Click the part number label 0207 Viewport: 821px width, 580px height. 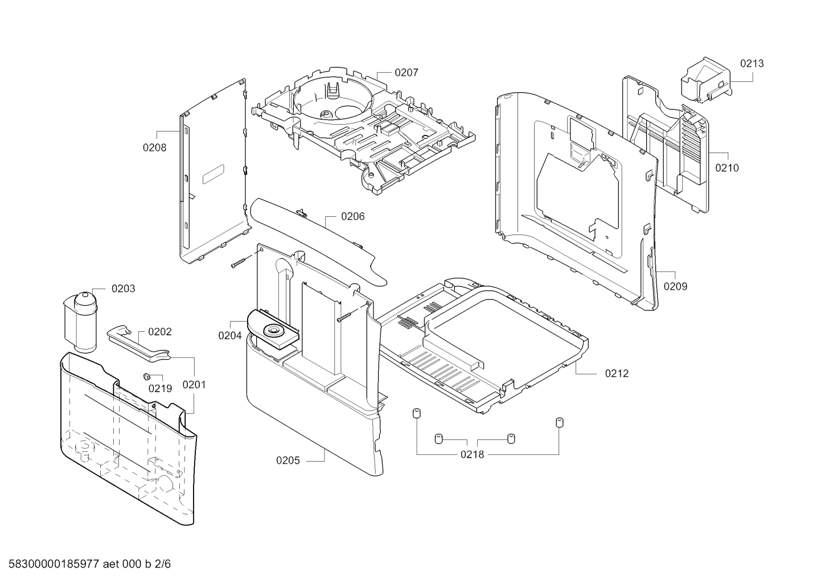tap(406, 73)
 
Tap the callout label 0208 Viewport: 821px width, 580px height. tap(154, 147)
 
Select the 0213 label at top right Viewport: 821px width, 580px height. tap(752, 63)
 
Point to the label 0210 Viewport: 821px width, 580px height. tap(727, 168)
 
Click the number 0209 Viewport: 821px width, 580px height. tap(675, 286)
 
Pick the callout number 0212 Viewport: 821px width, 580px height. tap(617, 374)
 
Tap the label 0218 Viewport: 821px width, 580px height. tap(472, 455)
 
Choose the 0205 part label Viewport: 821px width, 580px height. tap(288, 460)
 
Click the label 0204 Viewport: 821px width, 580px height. tap(230, 336)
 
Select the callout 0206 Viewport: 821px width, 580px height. tap(352, 216)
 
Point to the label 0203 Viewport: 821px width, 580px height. tap(123, 289)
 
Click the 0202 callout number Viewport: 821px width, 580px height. tap(160, 332)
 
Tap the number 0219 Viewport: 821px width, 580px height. tap(160, 389)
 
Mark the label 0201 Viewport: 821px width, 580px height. tap(194, 385)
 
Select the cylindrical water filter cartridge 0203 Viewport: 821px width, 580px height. tap(81, 322)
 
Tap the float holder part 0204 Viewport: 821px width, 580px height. tap(273, 329)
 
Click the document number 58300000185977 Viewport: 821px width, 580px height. tap(54, 564)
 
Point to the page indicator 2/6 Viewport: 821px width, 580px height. tap(163, 564)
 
